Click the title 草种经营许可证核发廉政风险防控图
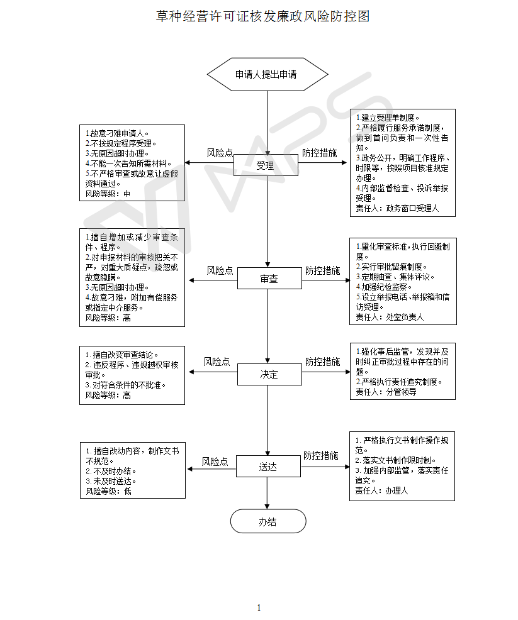(262, 16)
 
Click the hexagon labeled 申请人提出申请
(267, 74)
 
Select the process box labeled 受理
(265, 166)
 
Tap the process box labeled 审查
(269, 279)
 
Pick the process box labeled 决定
(269, 374)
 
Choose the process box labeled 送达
(267, 467)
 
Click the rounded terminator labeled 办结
(267, 521)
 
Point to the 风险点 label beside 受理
(220, 153)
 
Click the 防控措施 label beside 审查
(322, 270)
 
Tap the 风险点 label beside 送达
(215, 462)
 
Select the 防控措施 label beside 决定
(322, 362)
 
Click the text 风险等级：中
(108, 194)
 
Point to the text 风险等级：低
(108, 491)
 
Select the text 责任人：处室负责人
(389, 318)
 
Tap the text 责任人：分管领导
(385, 392)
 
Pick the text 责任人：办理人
(381, 490)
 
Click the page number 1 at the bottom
(259, 607)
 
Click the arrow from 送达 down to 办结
(267, 493)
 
